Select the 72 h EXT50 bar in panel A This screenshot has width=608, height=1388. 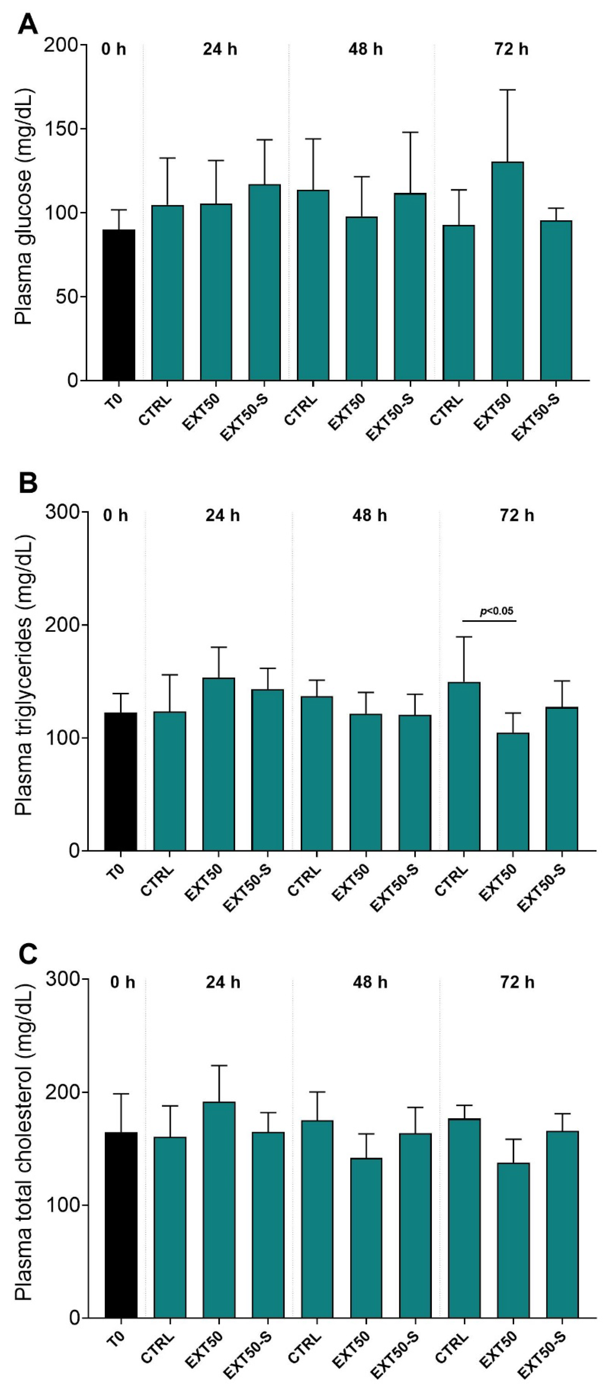click(507, 271)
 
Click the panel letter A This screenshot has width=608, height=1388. click(28, 24)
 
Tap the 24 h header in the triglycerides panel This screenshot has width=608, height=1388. click(222, 516)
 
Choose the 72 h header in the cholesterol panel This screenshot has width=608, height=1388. click(517, 982)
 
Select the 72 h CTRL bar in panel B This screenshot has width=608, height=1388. click(464, 766)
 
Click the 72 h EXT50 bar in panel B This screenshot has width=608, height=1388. click(513, 792)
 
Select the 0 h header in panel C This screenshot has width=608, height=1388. click(122, 982)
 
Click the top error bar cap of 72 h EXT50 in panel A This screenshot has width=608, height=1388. click(507, 90)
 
